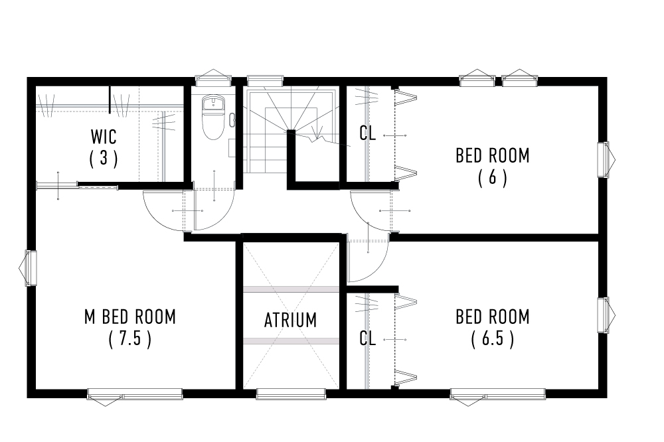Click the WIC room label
[x=104, y=137]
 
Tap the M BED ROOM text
[x=130, y=317]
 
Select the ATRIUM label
[x=290, y=320]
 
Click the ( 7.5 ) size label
[x=130, y=339]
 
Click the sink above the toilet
[x=212, y=103]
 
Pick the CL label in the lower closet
[x=367, y=338]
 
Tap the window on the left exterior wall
[x=30, y=267]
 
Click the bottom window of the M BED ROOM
[x=135, y=396]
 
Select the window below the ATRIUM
[x=290, y=396]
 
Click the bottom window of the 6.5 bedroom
[x=497, y=396]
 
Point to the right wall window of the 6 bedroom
[x=604, y=160]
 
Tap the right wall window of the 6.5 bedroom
[x=604, y=316]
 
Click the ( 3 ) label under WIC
[x=104, y=159]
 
